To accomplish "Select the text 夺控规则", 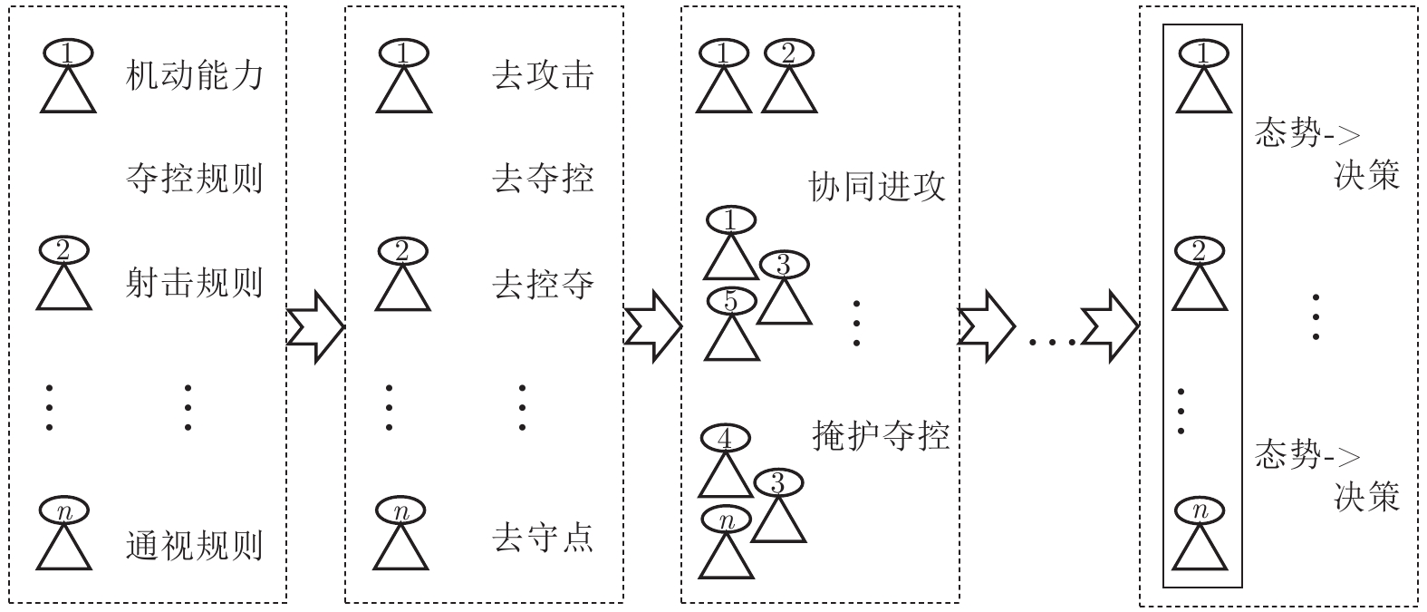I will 194,178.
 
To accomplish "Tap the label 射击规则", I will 194,283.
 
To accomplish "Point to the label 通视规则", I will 194,545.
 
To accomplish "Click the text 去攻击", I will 543,75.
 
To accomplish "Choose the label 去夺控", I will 543,178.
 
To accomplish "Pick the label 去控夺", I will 543,284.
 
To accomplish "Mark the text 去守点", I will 543,538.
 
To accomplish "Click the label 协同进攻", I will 877,188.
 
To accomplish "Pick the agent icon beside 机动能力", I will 68,80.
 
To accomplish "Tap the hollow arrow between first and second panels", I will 315,326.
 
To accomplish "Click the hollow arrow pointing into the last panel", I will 1111,326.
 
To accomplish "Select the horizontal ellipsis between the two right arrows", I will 1052,341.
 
